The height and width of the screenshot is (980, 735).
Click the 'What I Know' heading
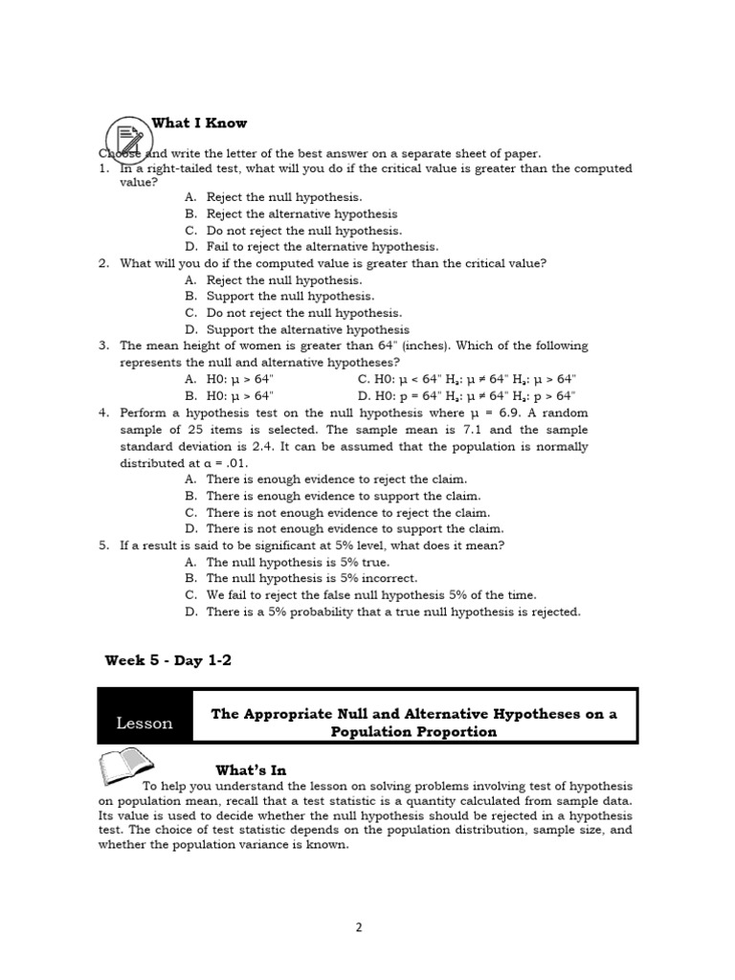pos(199,122)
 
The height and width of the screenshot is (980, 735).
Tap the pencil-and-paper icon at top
pos(124,138)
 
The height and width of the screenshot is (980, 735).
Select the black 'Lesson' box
pos(145,724)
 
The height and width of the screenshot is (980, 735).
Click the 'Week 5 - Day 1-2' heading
pos(168,660)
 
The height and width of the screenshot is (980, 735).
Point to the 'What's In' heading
pos(251,769)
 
